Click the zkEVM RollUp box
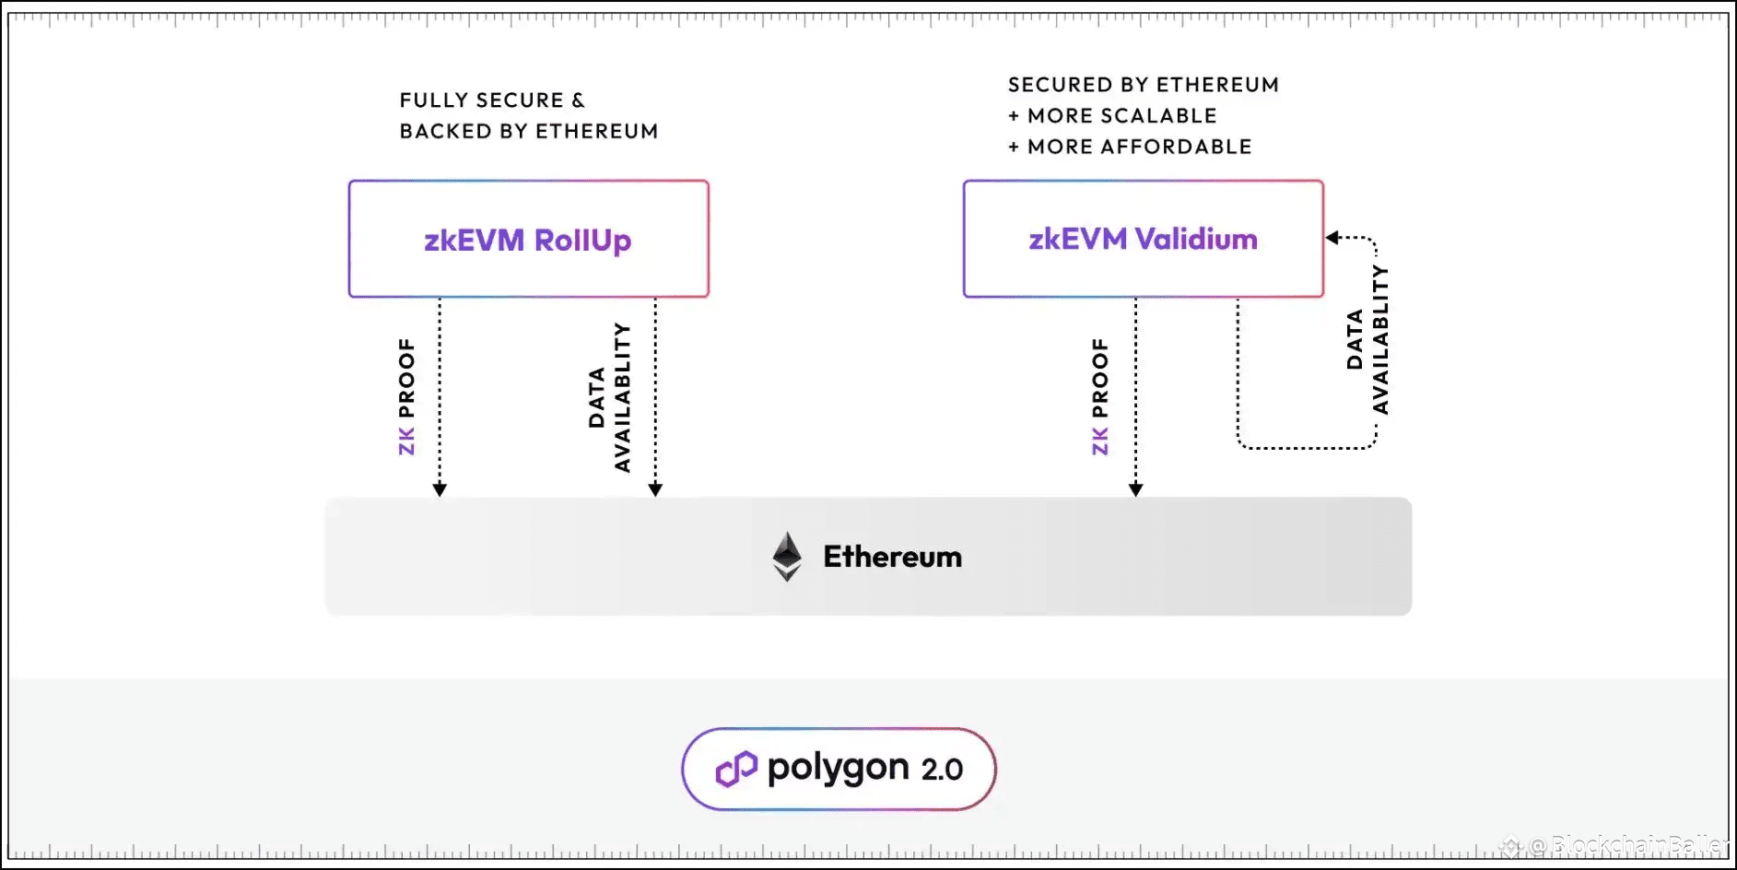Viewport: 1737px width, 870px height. tap(528, 239)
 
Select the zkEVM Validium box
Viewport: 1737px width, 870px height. tap(1143, 239)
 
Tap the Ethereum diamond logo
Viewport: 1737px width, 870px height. tap(787, 557)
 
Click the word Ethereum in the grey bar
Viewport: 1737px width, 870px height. tap(892, 557)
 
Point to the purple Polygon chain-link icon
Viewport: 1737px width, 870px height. tap(736, 769)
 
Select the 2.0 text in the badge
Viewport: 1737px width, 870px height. tap(942, 770)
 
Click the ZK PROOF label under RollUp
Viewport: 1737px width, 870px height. tap(406, 396)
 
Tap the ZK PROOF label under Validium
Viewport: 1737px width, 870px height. tap(1099, 396)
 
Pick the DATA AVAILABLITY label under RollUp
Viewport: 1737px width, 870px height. tap(609, 397)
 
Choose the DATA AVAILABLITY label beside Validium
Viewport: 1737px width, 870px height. tap(1367, 339)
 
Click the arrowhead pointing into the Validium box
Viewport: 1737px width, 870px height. tap(1332, 238)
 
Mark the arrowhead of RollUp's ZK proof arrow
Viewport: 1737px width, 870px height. tap(440, 489)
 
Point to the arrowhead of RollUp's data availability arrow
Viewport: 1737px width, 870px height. tap(655, 489)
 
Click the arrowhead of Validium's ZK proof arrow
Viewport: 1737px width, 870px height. tap(1135, 489)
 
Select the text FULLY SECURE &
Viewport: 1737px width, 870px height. tap(492, 100)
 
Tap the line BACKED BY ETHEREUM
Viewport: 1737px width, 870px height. tap(529, 132)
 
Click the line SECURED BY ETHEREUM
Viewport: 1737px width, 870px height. tap(1144, 85)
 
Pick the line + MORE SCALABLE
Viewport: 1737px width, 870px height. tap(1112, 116)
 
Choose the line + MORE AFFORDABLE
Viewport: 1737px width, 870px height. tap(1130, 147)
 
